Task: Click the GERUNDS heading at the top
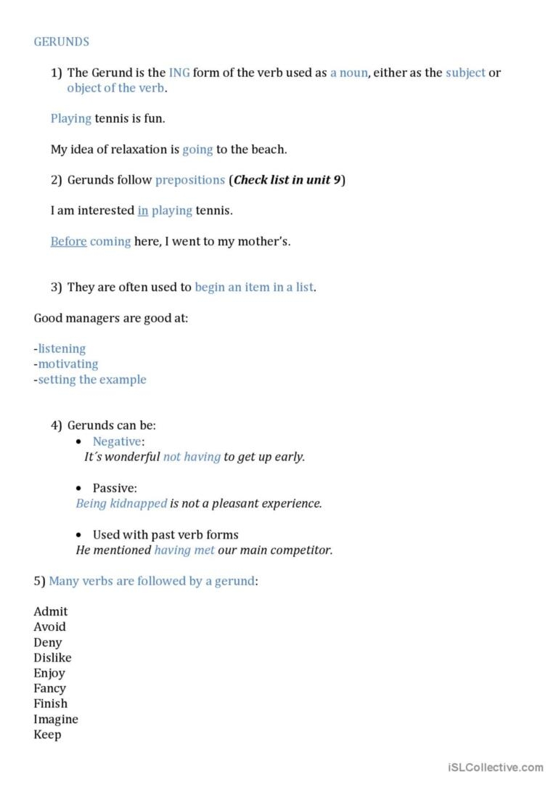tap(61, 41)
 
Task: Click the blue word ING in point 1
tap(179, 73)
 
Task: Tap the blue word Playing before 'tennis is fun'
tap(71, 118)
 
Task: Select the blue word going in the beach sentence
tap(197, 150)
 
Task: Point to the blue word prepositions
tap(190, 180)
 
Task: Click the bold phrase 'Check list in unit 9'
tap(287, 180)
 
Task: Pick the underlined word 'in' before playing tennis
tap(143, 211)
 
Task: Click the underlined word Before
tap(68, 241)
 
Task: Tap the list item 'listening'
tap(62, 348)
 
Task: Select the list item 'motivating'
tap(68, 364)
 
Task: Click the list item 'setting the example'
tap(92, 379)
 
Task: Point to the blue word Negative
tap(116, 441)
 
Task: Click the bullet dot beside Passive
tap(79, 489)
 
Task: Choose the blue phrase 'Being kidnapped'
tap(121, 503)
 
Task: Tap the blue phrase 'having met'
tap(184, 550)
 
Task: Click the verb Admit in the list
tap(50, 611)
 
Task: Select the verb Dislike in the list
tap(52, 658)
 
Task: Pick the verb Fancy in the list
tap(49, 688)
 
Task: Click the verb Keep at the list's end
tap(47, 734)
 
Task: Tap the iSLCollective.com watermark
tap(496, 767)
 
